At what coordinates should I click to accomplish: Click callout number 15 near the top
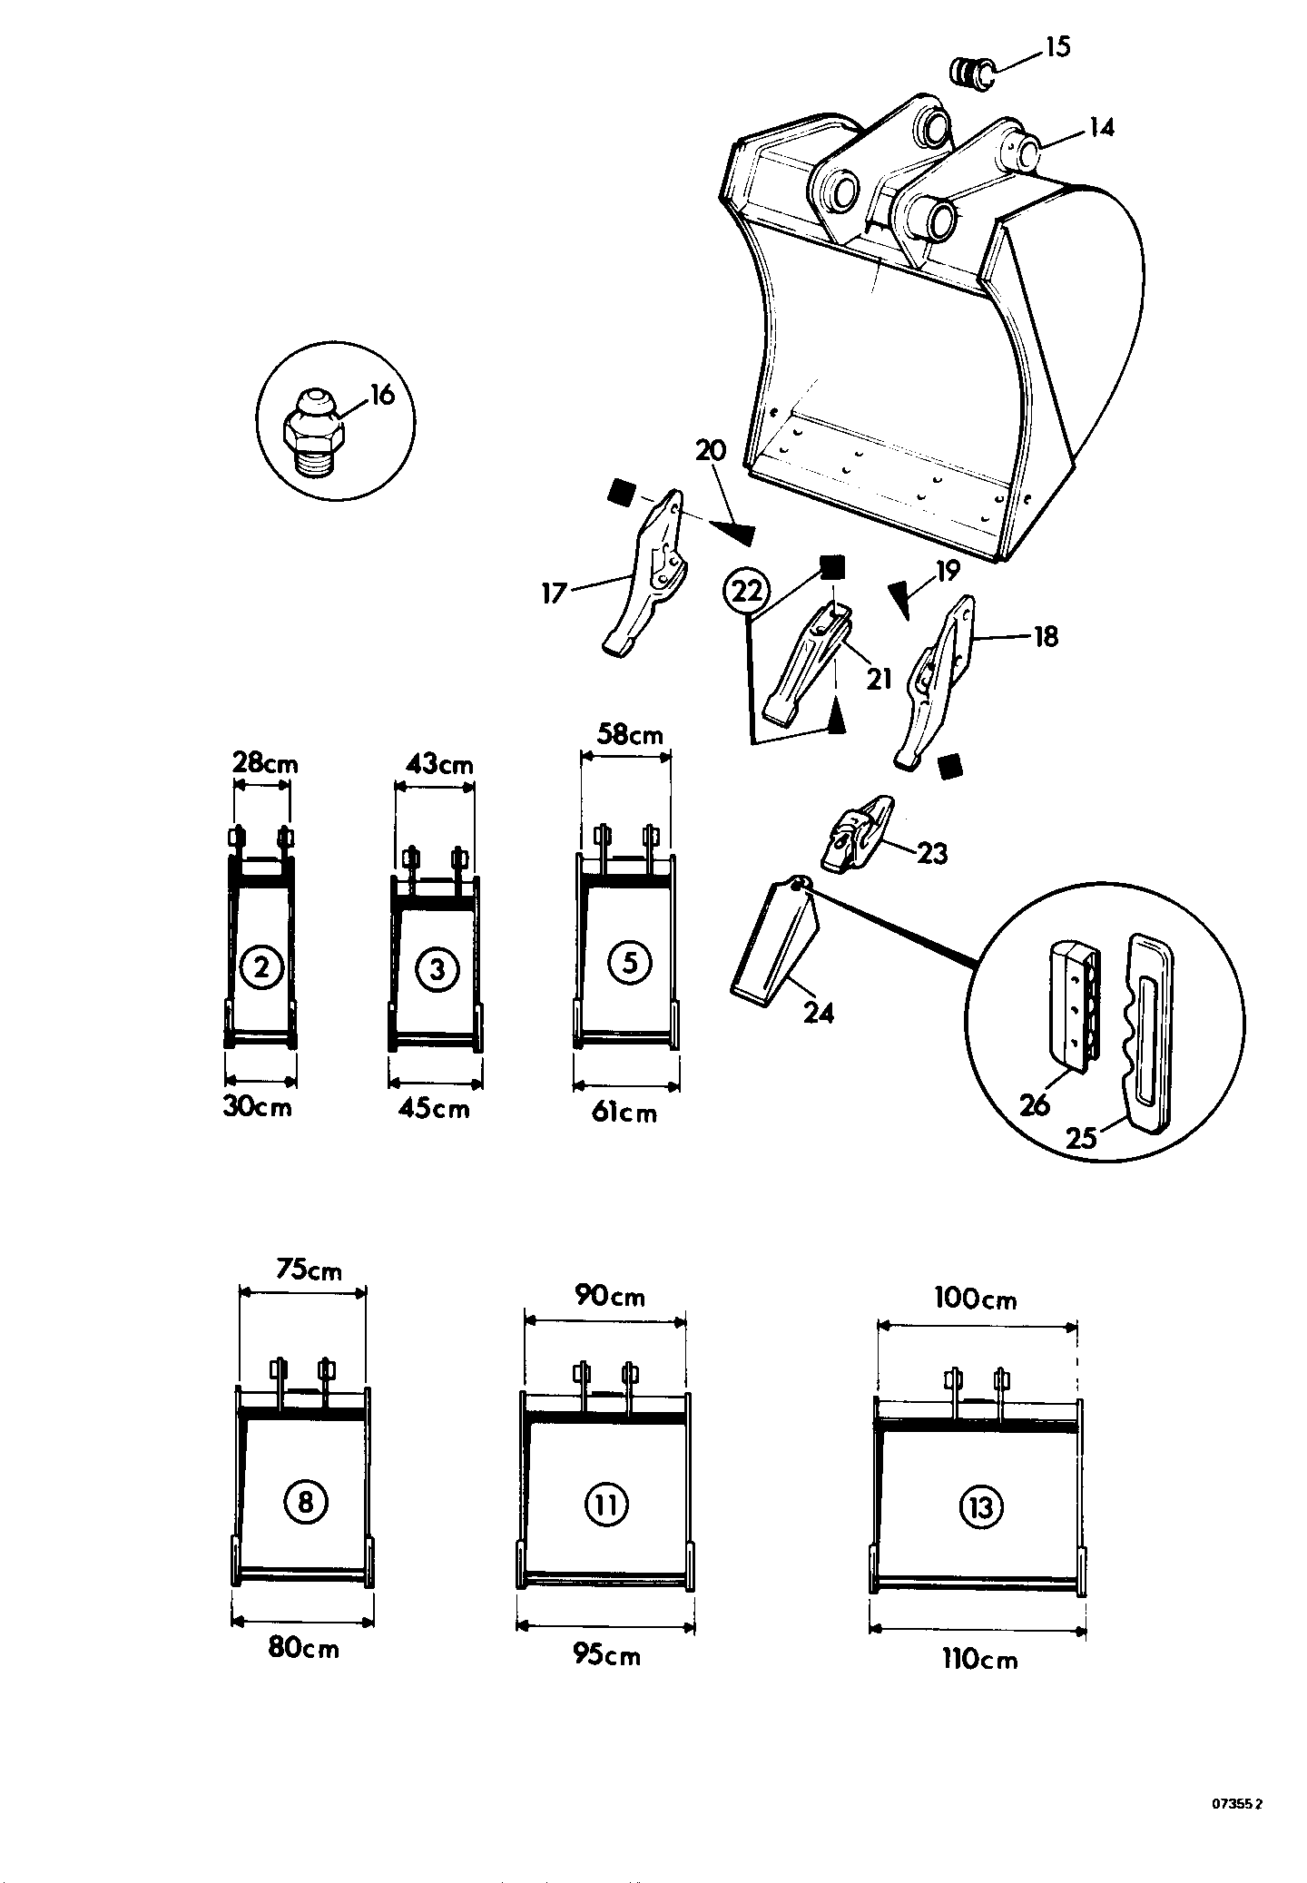pyautogui.click(x=1056, y=45)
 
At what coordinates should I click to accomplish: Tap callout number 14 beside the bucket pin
pyautogui.click(x=1100, y=127)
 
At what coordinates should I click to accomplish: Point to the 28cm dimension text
pyautogui.click(x=265, y=763)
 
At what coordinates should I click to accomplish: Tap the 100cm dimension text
pyautogui.click(x=976, y=1299)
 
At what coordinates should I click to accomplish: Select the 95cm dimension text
pyautogui.click(x=606, y=1655)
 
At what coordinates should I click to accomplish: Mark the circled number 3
pyautogui.click(x=437, y=969)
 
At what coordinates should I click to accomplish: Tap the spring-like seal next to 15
pyautogui.click(x=969, y=72)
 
